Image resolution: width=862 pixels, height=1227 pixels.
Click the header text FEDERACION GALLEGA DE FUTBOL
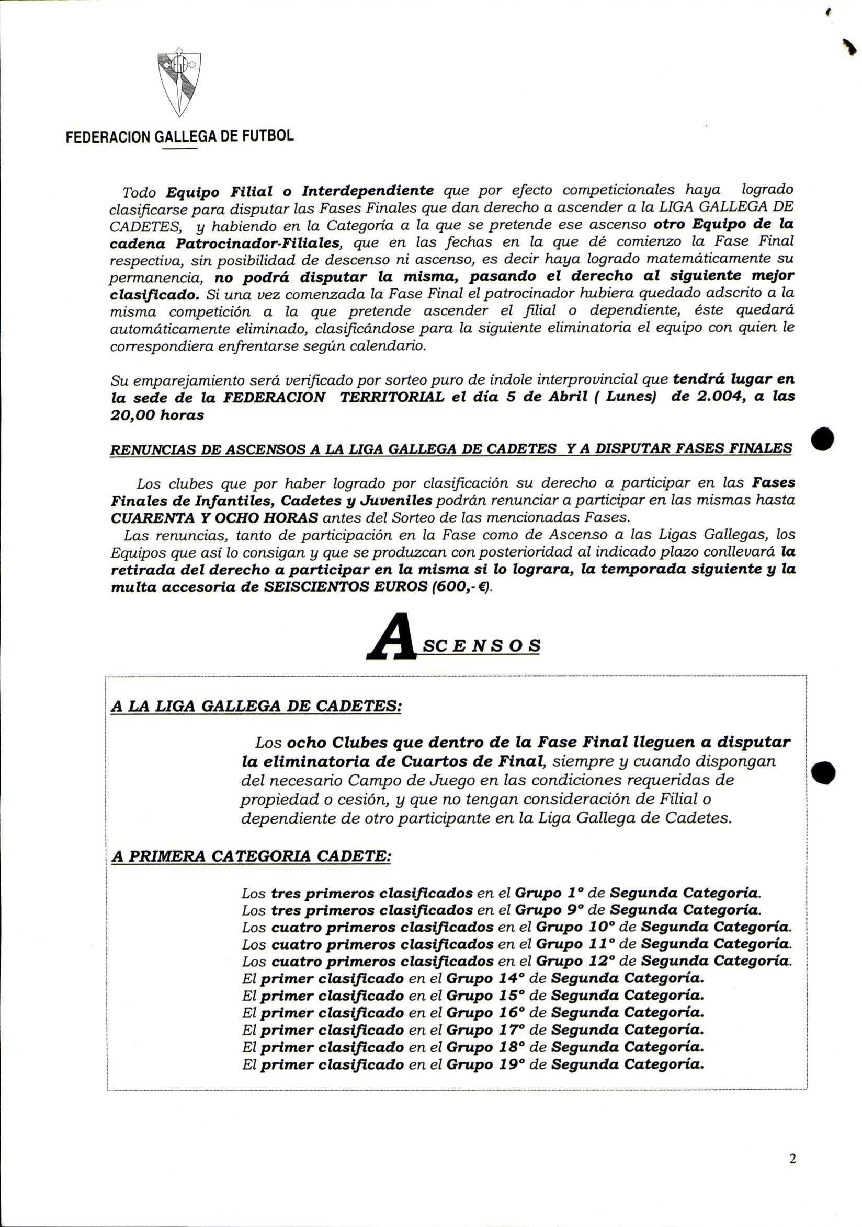tap(180, 136)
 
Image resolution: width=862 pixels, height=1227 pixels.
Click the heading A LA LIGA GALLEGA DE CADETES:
tap(256, 706)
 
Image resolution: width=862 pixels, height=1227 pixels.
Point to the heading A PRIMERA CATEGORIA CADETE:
tap(251, 856)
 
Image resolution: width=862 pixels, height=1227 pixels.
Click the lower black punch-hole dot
tap(823, 772)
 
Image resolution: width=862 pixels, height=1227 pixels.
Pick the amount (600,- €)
tap(462, 587)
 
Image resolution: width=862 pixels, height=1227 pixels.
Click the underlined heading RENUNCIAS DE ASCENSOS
tap(450, 449)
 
